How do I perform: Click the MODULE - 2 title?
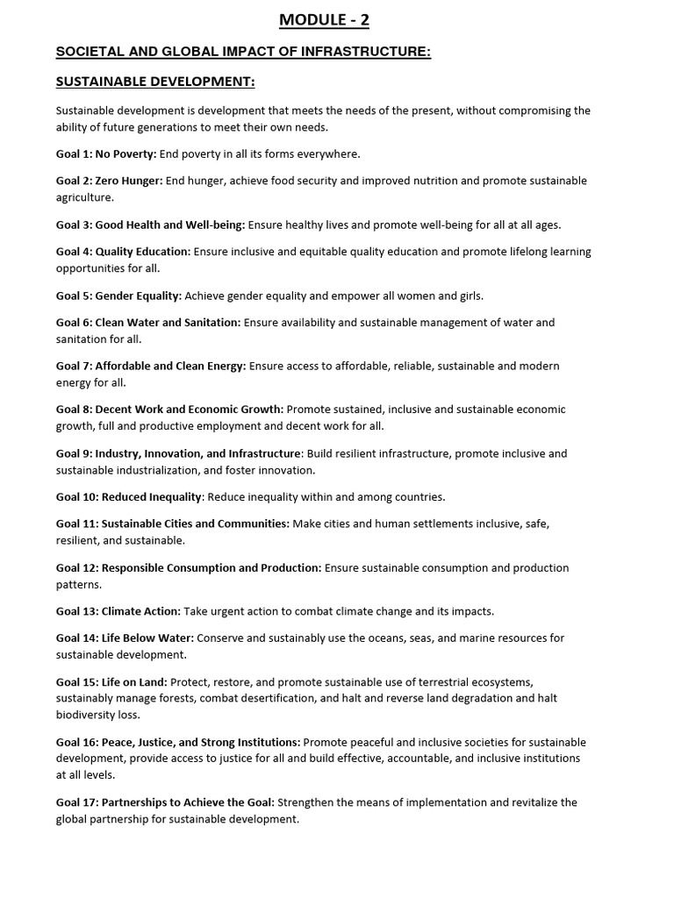coord(325,20)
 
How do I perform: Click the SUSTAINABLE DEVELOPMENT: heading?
coord(155,82)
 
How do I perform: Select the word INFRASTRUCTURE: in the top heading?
coord(364,53)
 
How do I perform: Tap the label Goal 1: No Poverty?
coord(106,154)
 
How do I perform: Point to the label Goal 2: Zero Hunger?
coord(110,181)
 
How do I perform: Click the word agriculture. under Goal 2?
coord(85,197)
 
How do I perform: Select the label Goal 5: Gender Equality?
coord(119,296)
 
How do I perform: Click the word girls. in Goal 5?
coord(468,296)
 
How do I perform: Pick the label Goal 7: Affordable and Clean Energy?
coord(151,366)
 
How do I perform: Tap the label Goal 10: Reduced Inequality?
coord(129,497)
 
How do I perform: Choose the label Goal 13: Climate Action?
coord(118,611)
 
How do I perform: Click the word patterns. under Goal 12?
coord(78,584)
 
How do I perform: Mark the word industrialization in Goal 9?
coord(152,470)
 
